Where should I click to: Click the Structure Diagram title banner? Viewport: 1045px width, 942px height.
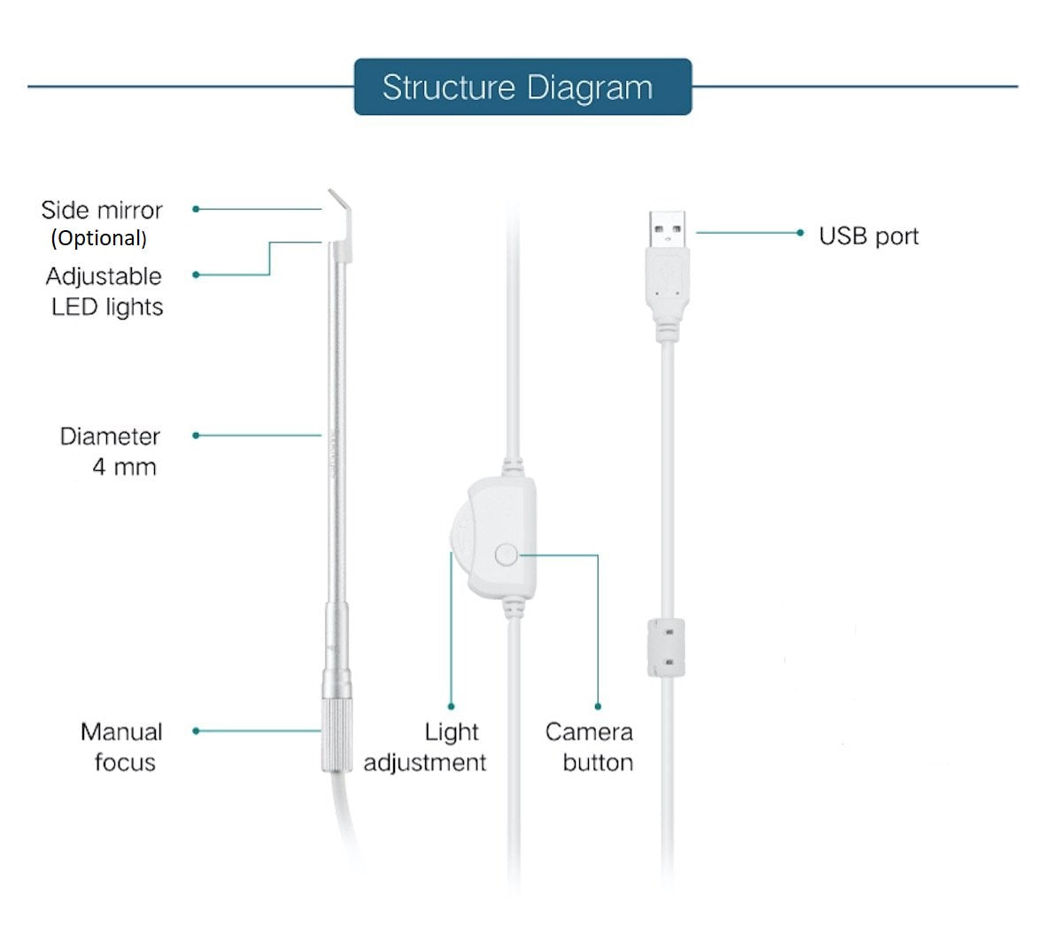click(522, 87)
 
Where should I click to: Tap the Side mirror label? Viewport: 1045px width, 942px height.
click(102, 210)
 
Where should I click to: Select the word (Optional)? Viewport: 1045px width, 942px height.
click(98, 238)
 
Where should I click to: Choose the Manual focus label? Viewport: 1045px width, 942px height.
click(122, 746)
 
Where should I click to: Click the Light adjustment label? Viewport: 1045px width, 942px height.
click(426, 746)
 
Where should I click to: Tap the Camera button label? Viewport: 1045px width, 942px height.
click(589, 746)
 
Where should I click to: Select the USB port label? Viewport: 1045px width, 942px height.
click(868, 236)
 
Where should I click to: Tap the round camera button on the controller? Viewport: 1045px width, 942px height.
click(507, 555)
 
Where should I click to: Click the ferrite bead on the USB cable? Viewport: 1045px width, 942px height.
click(667, 647)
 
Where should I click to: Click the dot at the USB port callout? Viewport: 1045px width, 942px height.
click(800, 233)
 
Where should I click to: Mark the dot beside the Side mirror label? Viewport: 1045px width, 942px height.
click(196, 209)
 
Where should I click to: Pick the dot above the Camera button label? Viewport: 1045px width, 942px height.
click(598, 706)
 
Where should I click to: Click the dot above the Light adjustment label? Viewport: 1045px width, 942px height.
click(451, 706)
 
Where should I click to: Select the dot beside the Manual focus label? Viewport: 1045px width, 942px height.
click(196, 730)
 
